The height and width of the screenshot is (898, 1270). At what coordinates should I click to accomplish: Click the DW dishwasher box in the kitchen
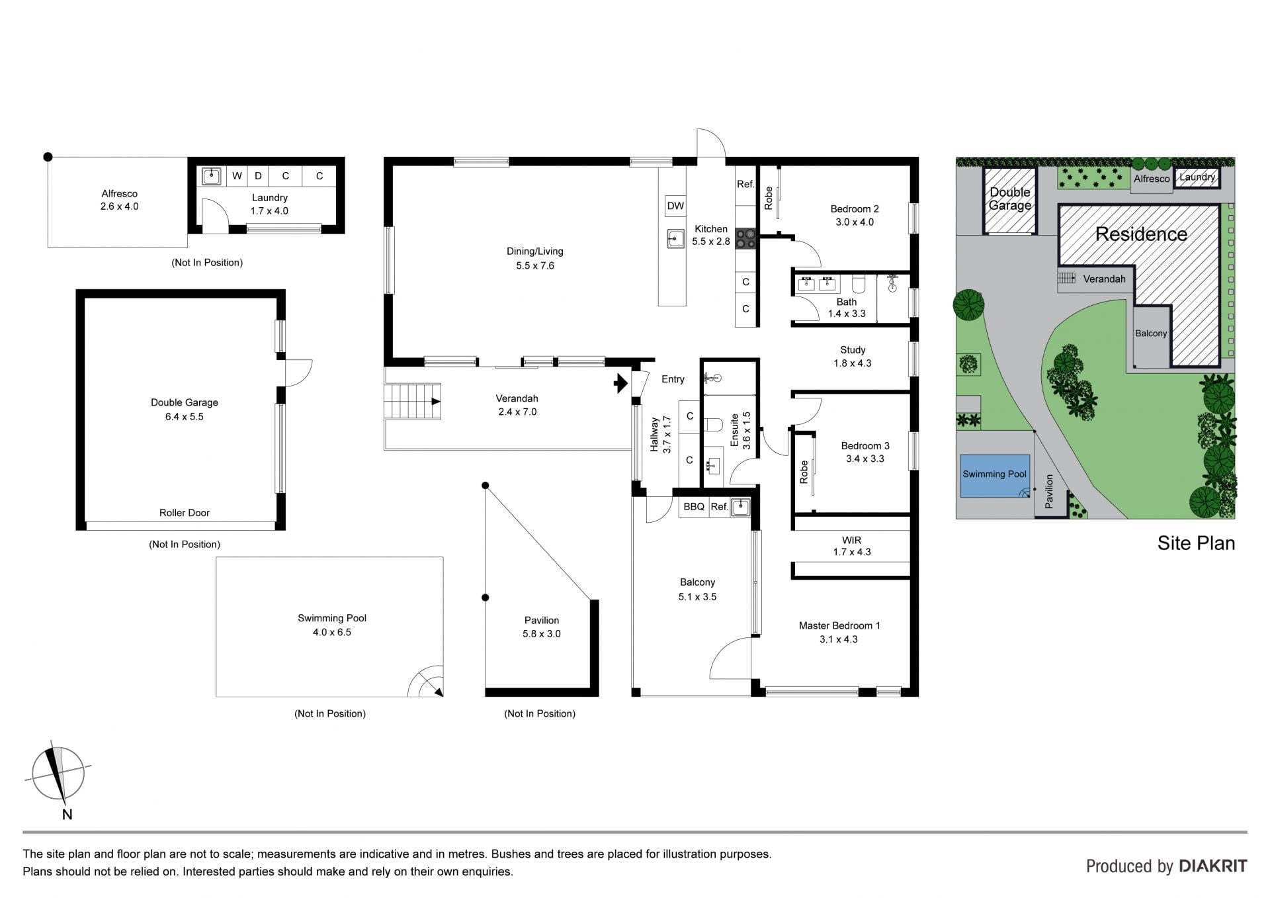coord(675,206)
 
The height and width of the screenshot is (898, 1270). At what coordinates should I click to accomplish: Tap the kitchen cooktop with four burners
coord(745,238)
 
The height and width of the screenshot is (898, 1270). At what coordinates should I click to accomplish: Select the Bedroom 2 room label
coord(855,209)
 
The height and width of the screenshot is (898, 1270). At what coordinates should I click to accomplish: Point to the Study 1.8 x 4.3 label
coord(853,357)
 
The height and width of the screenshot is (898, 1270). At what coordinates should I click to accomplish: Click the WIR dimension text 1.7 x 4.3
coord(852,552)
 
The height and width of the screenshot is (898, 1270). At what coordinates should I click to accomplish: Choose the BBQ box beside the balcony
coord(694,507)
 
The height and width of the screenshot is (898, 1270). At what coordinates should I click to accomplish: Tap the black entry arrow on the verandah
coord(620,383)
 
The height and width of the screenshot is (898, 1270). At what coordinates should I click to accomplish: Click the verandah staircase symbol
coord(413,401)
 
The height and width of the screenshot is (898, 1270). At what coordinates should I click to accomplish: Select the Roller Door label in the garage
coord(185,513)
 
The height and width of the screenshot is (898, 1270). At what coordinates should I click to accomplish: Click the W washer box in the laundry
coord(237,176)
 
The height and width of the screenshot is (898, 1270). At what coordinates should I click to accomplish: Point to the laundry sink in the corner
coord(212,176)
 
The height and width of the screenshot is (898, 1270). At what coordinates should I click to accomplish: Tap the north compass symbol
coord(58,774)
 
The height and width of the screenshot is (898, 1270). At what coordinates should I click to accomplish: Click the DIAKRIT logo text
coord(1213,866)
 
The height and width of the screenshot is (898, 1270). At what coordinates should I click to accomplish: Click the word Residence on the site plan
coord(1141,234)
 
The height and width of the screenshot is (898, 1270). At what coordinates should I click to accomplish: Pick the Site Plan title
coord(1196,543)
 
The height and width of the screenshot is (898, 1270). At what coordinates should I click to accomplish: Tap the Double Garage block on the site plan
coord(1010,201)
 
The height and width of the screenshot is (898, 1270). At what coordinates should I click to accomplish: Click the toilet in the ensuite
coord(712,424)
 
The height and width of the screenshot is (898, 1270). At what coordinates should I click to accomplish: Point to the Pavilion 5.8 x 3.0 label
coord(542,627)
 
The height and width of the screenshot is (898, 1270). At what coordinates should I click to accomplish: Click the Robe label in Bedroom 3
coord(804,472)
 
